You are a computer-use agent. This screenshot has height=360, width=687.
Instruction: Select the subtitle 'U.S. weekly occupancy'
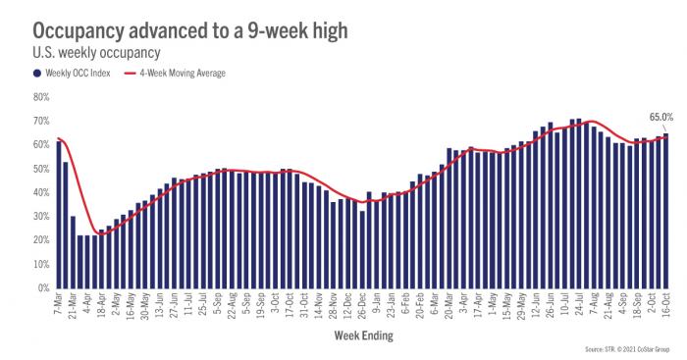[87, 52]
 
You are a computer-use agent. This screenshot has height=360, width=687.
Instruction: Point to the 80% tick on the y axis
[40, 97]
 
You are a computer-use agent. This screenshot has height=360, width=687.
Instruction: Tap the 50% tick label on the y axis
[40, 169]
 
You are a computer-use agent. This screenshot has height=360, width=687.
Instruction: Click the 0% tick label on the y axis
[43, 288]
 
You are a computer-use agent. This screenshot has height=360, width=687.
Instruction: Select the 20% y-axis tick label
[40, 240]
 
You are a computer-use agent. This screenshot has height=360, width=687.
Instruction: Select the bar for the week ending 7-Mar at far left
[59, 215]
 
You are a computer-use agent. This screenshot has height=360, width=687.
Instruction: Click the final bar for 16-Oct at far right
[666, 211]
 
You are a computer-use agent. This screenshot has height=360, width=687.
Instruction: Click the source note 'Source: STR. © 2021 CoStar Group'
[632, 350]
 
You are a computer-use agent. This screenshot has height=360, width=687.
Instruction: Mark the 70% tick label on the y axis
[40, 121]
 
